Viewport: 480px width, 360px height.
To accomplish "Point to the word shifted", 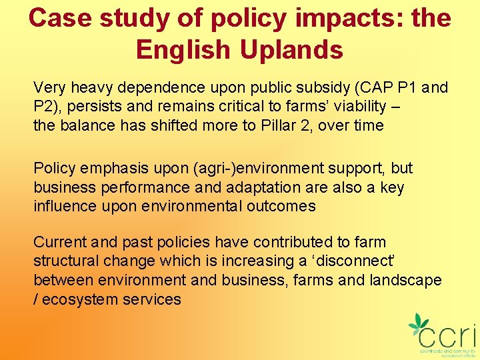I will pyautogui.click(x=160, y=125).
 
